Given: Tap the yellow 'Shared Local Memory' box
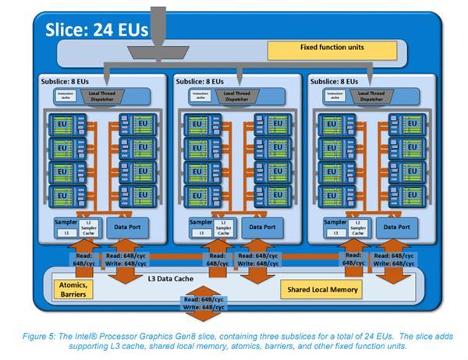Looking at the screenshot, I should pyautogui.click(x=321, y=290).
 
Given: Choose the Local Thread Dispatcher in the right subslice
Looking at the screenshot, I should pyautogui.click(x=371, y=97).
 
